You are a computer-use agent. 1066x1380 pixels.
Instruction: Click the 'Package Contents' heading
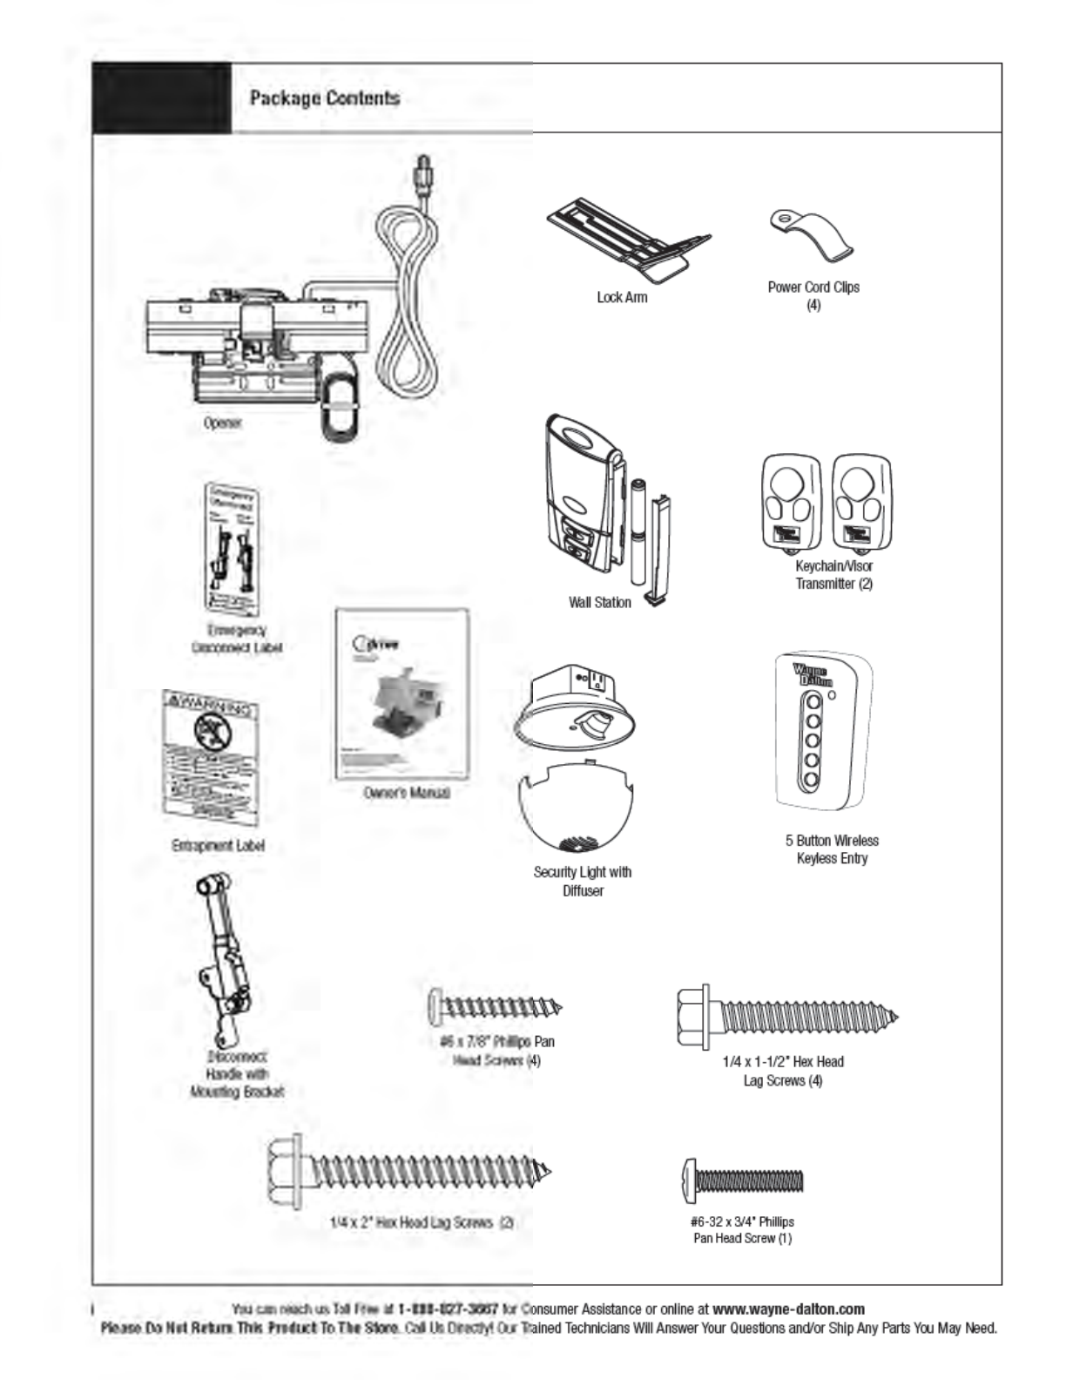pyautogui.click(x=324, y=98)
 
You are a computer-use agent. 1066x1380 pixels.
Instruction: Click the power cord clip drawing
pyautogui.click(x=812, y=234)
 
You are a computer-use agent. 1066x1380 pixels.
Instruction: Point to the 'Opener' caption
pyautogui.click(x=223, y=423)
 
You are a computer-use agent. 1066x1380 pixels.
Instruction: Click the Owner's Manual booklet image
pyautogui.click(x=402, y=694)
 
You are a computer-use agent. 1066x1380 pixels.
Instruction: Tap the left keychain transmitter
pyautogui.click(x=792, y=503)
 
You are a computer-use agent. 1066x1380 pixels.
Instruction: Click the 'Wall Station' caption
pyautogui.click(x=599, y=602)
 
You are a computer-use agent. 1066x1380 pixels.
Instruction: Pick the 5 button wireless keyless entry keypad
pyautogui.click(x=822, y=734)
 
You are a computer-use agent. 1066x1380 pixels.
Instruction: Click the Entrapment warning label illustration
pyautogui.click(x=212, y=759)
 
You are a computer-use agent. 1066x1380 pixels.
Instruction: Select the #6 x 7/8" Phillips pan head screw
pyautogui.click(x=495, y=1008)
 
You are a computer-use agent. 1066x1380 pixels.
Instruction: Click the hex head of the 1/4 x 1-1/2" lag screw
pyautogui.click(x=694, y=1016)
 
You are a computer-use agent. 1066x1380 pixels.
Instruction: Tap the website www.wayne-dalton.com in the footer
pyautogui.click(x=788, y=1309)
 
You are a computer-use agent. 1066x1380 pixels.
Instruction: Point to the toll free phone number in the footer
pyautogui.click(x=448, y=1309)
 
